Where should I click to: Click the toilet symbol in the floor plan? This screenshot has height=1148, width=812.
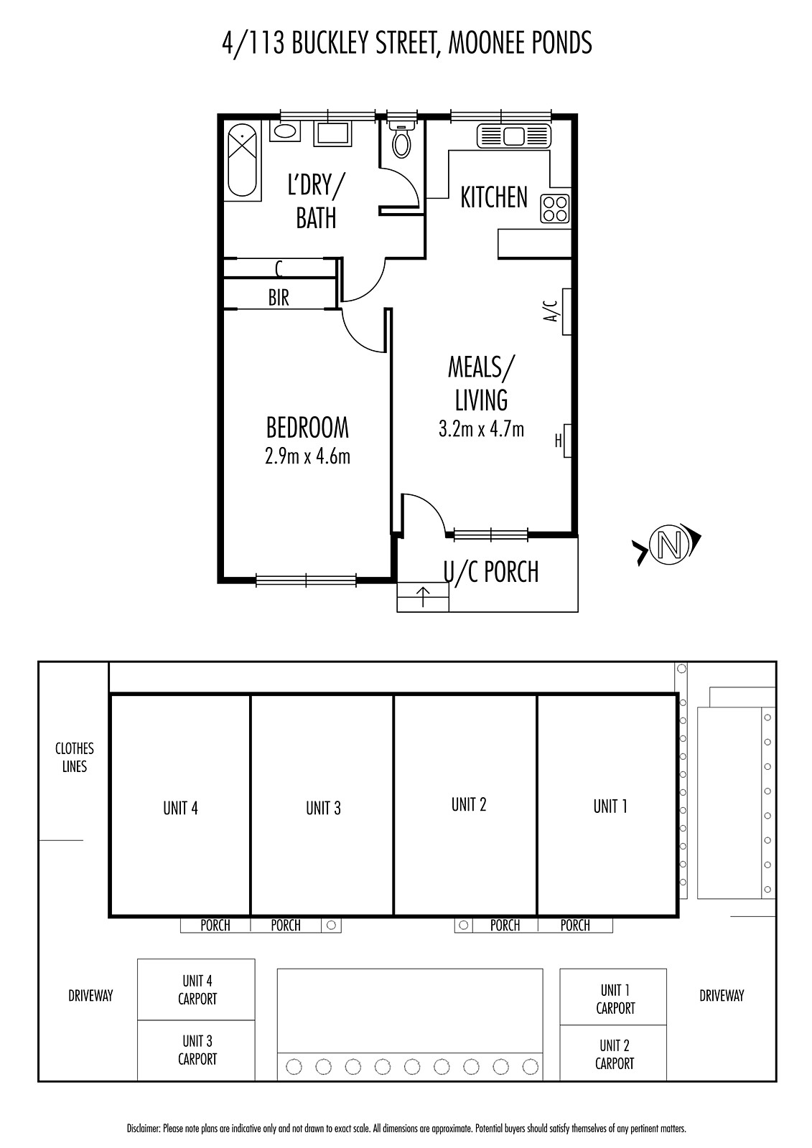(x=401, y=139)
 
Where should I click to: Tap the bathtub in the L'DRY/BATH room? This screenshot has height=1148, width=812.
(x=242, y=161)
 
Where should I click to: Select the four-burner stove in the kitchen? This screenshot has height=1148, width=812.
(x=555, y=209)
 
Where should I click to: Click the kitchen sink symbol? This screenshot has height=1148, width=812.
(x=513, y=137)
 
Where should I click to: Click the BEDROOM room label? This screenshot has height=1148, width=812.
(x=307, y=428)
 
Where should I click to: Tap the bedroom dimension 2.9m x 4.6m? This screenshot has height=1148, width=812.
(x=307, y=456)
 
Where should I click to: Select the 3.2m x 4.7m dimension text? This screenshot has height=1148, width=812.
(x=481, y=429)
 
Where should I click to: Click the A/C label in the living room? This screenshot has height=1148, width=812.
(x=551, y=311)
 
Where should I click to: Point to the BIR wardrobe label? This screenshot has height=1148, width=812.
(x=279, y=297)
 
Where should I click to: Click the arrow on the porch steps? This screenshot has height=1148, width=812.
(x=423, y=597)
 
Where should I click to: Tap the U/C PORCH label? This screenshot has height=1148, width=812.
(x=491, y=573)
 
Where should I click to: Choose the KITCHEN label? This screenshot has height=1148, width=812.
(x=494, y=197)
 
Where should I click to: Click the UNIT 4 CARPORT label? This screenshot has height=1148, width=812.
(x=197, y=989)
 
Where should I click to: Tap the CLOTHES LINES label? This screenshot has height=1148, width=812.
(x=75, y=758)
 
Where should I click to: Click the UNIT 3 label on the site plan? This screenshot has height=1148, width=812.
(x=323, y=808)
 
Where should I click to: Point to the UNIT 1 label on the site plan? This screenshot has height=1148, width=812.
(x=610, y=806)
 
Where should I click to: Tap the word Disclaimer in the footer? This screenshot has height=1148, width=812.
(x=143, y=1129)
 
